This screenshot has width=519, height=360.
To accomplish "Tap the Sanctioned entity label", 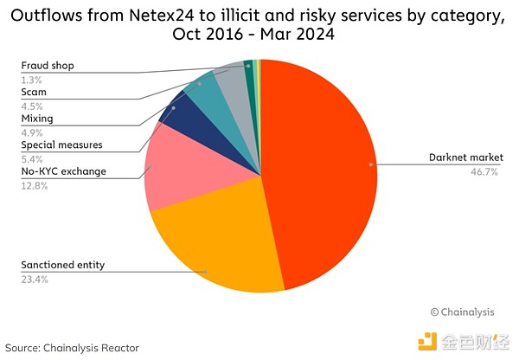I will tap(63, 265).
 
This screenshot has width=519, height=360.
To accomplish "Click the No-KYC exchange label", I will tap(63, 171).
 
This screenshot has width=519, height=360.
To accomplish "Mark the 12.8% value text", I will tap(34, 185).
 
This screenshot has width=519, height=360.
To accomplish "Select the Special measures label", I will tap(61, 145).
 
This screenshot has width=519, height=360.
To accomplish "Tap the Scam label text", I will tap(34, 91).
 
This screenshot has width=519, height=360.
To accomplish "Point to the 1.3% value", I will tap(30, 78).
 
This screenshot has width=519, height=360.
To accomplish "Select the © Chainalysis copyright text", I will tap(463, 311).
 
